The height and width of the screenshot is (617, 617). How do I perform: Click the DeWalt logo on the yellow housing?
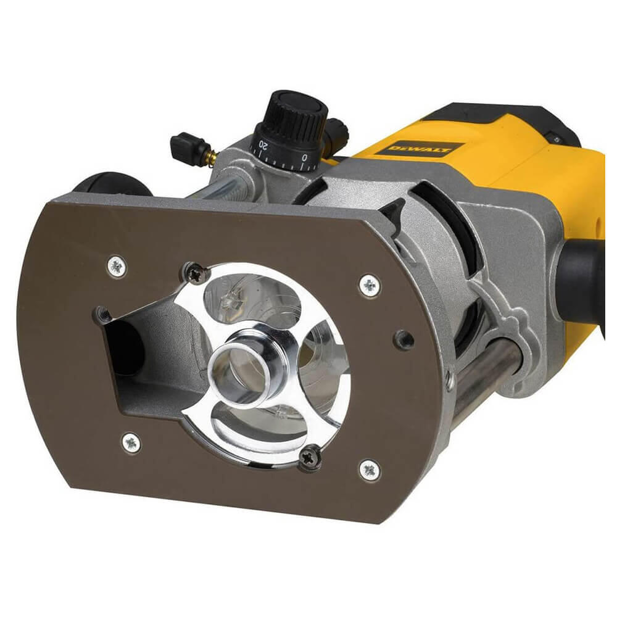426,149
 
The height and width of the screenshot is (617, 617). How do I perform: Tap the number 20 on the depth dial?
263,146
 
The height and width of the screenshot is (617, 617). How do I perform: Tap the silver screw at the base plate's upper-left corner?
117,266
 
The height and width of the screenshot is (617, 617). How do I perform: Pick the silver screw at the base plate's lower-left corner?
131,442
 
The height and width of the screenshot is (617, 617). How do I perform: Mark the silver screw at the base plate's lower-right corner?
369,470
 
